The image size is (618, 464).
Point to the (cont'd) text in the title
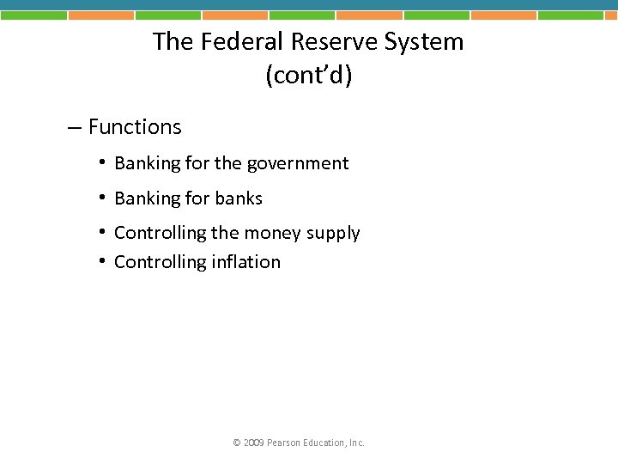(x=309, y=76)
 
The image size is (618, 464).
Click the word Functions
(x=135, y=127)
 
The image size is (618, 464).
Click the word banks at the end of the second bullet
(x=239, y=198)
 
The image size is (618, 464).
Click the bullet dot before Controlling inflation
(x=101, y=261)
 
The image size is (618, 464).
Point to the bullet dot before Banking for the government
(x=101, y=162)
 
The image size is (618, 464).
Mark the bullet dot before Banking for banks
(x=101, y=198)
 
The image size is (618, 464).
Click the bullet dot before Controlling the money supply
(x=101, y=232)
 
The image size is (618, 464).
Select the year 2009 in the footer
(x=253, y=443)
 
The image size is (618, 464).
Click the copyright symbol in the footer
(x=237, y=443)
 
